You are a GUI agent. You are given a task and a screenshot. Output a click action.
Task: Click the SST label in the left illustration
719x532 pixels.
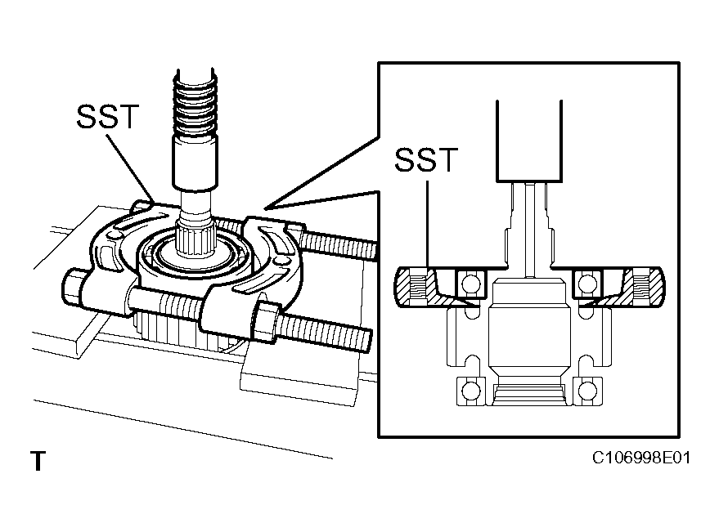click(108, 117)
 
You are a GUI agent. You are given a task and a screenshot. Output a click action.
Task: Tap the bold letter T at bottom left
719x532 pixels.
click(38, 462)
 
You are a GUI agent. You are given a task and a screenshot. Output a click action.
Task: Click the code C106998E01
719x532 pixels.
click(641, 458)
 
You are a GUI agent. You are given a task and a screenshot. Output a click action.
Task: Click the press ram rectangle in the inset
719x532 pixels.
click(528, 139)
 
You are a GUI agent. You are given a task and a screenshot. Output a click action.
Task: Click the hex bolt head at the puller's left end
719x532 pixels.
click(73, 288)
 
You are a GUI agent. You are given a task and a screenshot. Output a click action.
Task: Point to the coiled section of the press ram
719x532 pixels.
click(195, 106)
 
